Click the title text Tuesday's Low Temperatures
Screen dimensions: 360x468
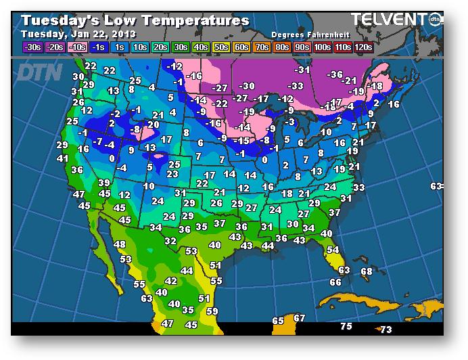pos(135,20)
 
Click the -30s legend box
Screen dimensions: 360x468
pos(32,47)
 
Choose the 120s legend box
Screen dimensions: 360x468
pos(362,47)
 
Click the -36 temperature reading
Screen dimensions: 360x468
pos(335,74)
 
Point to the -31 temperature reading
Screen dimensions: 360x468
pos(302,70)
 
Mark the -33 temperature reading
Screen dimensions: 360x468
pos(296,86)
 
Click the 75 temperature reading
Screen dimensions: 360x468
pos(346,327)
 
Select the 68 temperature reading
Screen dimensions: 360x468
pos(367,271)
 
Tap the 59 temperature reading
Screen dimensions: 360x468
pos(212,311)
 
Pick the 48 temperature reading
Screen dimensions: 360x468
pos(120,244)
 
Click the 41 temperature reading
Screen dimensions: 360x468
pos(63,158)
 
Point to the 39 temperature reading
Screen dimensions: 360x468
pos(103,183)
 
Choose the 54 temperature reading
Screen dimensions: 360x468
pos(333,250)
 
